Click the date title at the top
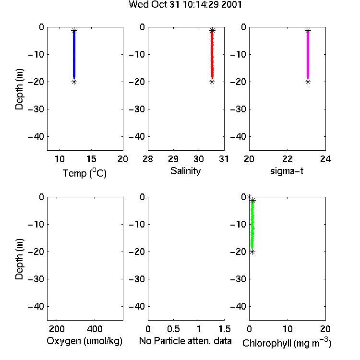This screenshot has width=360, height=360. (185, 4)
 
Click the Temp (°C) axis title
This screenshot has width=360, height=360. (84, 173)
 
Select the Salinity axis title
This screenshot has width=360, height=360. (185, 171)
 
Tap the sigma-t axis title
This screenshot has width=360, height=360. (287, 171)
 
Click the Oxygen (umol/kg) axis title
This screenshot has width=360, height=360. (84, 341)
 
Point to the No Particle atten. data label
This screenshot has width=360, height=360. (185, 341)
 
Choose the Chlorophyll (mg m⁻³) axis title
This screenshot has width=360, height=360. (287, 343)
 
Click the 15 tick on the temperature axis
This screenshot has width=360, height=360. (91, 159)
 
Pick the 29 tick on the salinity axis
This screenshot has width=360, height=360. (173, 159)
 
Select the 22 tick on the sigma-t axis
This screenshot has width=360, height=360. (288, 159)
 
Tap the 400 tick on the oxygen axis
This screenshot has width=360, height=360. (95, 329)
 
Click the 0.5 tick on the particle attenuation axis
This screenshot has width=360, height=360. (173, 329)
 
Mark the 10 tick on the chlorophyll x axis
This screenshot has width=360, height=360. (288, 329)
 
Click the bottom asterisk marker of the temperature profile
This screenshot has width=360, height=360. (74, 82)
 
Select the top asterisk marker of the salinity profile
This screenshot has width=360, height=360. (212, 31)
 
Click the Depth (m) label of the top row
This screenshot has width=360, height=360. (19, 89)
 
